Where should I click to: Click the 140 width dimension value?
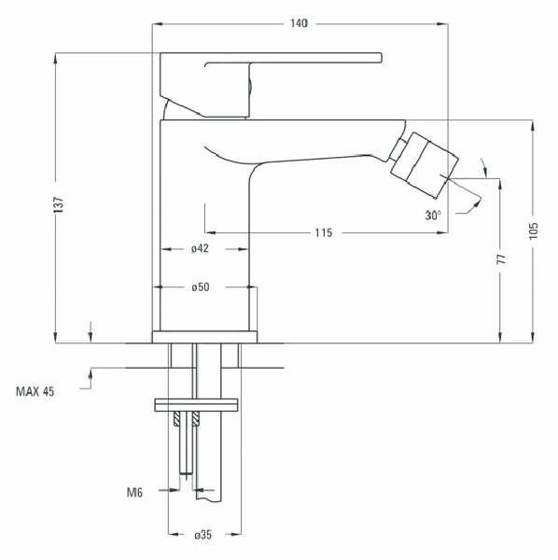(299, 23)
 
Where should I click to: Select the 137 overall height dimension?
(58, 205)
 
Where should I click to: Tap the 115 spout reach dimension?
(324, 232)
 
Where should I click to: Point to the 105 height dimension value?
(533, 231)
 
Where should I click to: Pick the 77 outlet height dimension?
(502, 259)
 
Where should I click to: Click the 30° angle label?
(433, 216)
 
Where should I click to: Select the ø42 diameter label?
(200, 248)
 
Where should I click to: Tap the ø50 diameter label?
(201, 287)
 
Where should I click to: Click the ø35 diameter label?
(202, 535)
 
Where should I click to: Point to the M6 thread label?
(134, 493)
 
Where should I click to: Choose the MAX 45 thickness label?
(35, 391)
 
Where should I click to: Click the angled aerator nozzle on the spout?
(425, 165)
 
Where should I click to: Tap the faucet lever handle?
(271, 85)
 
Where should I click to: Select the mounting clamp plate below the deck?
(196, 405)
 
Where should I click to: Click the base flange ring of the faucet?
(204, 337)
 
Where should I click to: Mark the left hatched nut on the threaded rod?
(176, 419)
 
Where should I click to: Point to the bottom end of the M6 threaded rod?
(187, 473)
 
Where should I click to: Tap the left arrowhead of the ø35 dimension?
(174, 535)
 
